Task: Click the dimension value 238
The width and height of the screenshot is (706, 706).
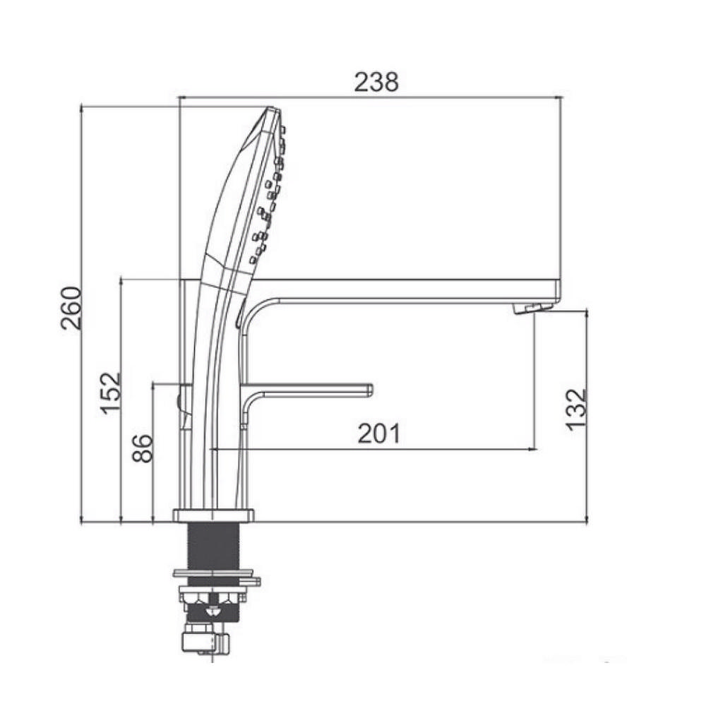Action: [x=376, y=82]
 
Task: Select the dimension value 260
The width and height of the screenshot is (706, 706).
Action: [x=72, y=308]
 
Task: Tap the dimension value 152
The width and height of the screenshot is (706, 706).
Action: [x=111, y=393]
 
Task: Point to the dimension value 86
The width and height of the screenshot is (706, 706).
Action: [x=143, y=448]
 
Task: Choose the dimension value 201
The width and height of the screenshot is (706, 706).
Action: [x=378, y=433]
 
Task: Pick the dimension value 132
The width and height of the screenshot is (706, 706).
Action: [x=577, y=409]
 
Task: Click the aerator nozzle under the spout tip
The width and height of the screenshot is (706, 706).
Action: [x=532, y=309]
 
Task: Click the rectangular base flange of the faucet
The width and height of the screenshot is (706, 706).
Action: [x=213, y=515]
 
